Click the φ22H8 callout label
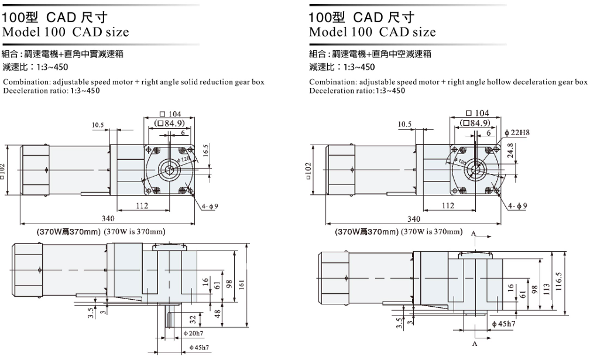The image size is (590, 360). (x=517, y=133)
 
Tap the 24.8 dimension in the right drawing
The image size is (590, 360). (x=510, y=150)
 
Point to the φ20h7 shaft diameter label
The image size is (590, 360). (x=193, y=333)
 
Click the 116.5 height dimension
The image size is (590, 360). (x=558, y=282)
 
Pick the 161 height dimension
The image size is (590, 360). (x=241, y=284)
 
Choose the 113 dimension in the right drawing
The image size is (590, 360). (x=546, y=289)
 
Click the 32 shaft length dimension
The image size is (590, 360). (x=193, y=320)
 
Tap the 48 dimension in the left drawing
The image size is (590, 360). (x=218, y=314)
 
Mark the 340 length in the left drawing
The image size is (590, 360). (x=108, y=218)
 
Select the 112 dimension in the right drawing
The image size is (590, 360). (x=448, y=206)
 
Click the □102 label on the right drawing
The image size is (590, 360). (x=308, y=171)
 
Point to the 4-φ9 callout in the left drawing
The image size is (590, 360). (x=210, y=206)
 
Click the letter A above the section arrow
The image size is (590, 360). (x=474, y=234)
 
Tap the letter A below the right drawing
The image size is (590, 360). (x=475, y=344)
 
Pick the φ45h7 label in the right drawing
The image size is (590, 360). (x=503, y=324)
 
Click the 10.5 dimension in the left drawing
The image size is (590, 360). (x=97, y=125)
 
